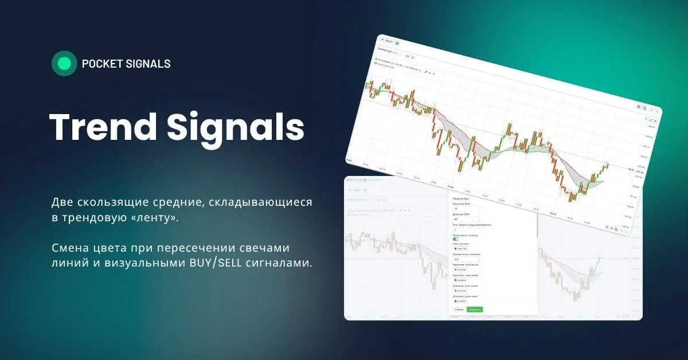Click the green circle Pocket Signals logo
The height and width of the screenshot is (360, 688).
pyautogui.click(x=64, y=64)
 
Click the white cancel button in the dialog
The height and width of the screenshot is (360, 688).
pyautogui.click(x=459, y=310)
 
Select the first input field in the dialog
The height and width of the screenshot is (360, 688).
pyautogui.click(x=466, y=209)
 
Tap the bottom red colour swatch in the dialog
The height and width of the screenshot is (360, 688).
pyautogui.click(x=456, y=301)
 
